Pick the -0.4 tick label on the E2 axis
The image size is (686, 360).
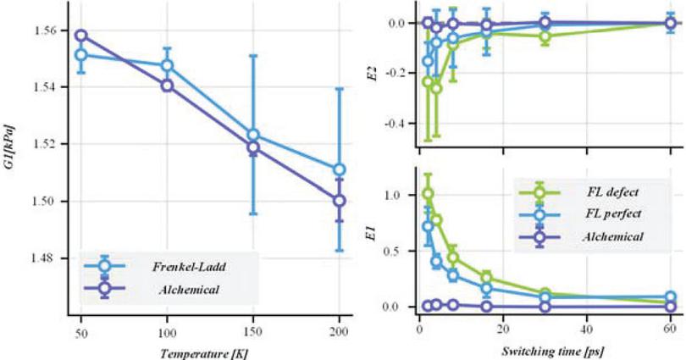[396, 124]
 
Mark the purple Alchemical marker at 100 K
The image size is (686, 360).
[167, 86]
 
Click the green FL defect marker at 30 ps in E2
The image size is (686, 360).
[545, 36]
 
